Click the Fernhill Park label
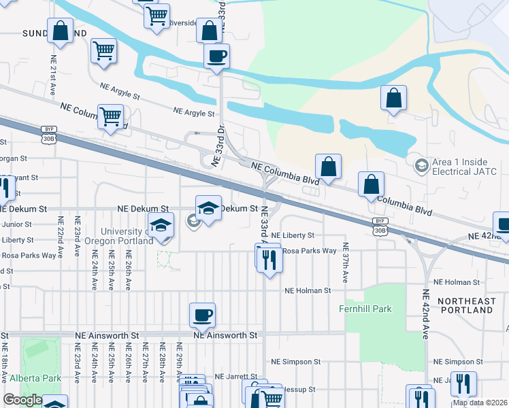coord(365,309)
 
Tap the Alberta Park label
coord(35,378)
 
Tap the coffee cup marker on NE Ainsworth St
coord(203,316)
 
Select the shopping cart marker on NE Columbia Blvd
coord(110,117)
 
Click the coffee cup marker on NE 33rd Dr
coord(216,56)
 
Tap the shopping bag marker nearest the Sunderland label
coord(60,31)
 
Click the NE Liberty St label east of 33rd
coord(293,235)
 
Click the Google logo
coord(22,400)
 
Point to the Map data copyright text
coord(480,403)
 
